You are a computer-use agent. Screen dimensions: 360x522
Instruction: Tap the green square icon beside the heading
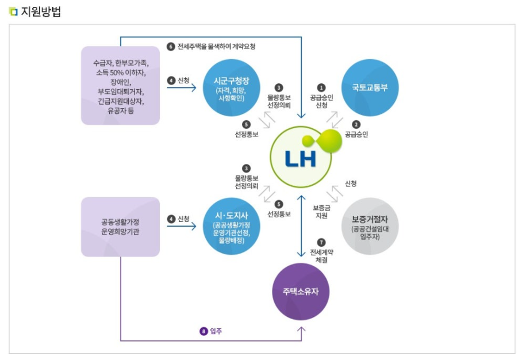click(x=13, y=12)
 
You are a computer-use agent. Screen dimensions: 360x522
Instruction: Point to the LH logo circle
click(x=301, y=156)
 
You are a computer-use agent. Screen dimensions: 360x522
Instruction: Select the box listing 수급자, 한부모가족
click(x=120, y=85)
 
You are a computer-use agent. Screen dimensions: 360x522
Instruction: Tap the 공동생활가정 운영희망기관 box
click(x=120, y=227)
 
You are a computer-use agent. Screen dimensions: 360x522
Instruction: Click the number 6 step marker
click(x=171, y=47)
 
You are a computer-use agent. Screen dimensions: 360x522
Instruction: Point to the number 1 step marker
click(x=321, y=87)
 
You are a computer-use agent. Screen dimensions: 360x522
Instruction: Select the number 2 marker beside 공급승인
click(x=356, y=124)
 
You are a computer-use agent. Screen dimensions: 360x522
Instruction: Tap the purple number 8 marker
click(x=203, y=331)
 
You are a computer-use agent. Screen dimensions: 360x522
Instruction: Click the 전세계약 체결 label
click(x=321, y=256)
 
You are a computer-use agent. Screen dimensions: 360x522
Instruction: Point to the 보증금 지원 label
click(x=321, y=212)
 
